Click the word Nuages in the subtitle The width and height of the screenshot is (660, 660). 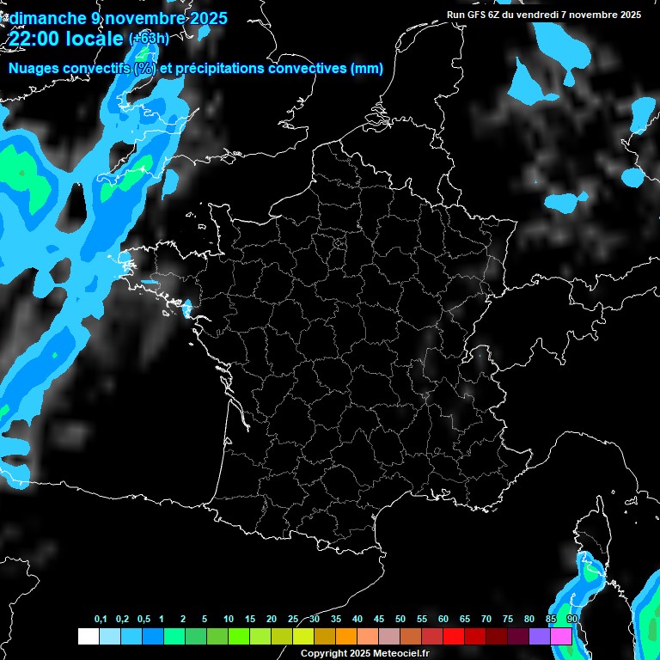click(33, 68)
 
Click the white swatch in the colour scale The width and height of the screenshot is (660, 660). click(88, 637)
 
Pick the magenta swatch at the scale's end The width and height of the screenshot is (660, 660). click(561, 637)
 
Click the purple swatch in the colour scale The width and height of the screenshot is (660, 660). click(540, 637)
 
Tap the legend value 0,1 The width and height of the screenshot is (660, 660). click(101, 620)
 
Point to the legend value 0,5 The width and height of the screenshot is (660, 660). click(144, 620)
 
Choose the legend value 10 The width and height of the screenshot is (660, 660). click(229, 620)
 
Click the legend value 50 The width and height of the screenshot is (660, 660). click(400, 620)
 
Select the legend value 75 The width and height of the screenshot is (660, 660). click(508, 620)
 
